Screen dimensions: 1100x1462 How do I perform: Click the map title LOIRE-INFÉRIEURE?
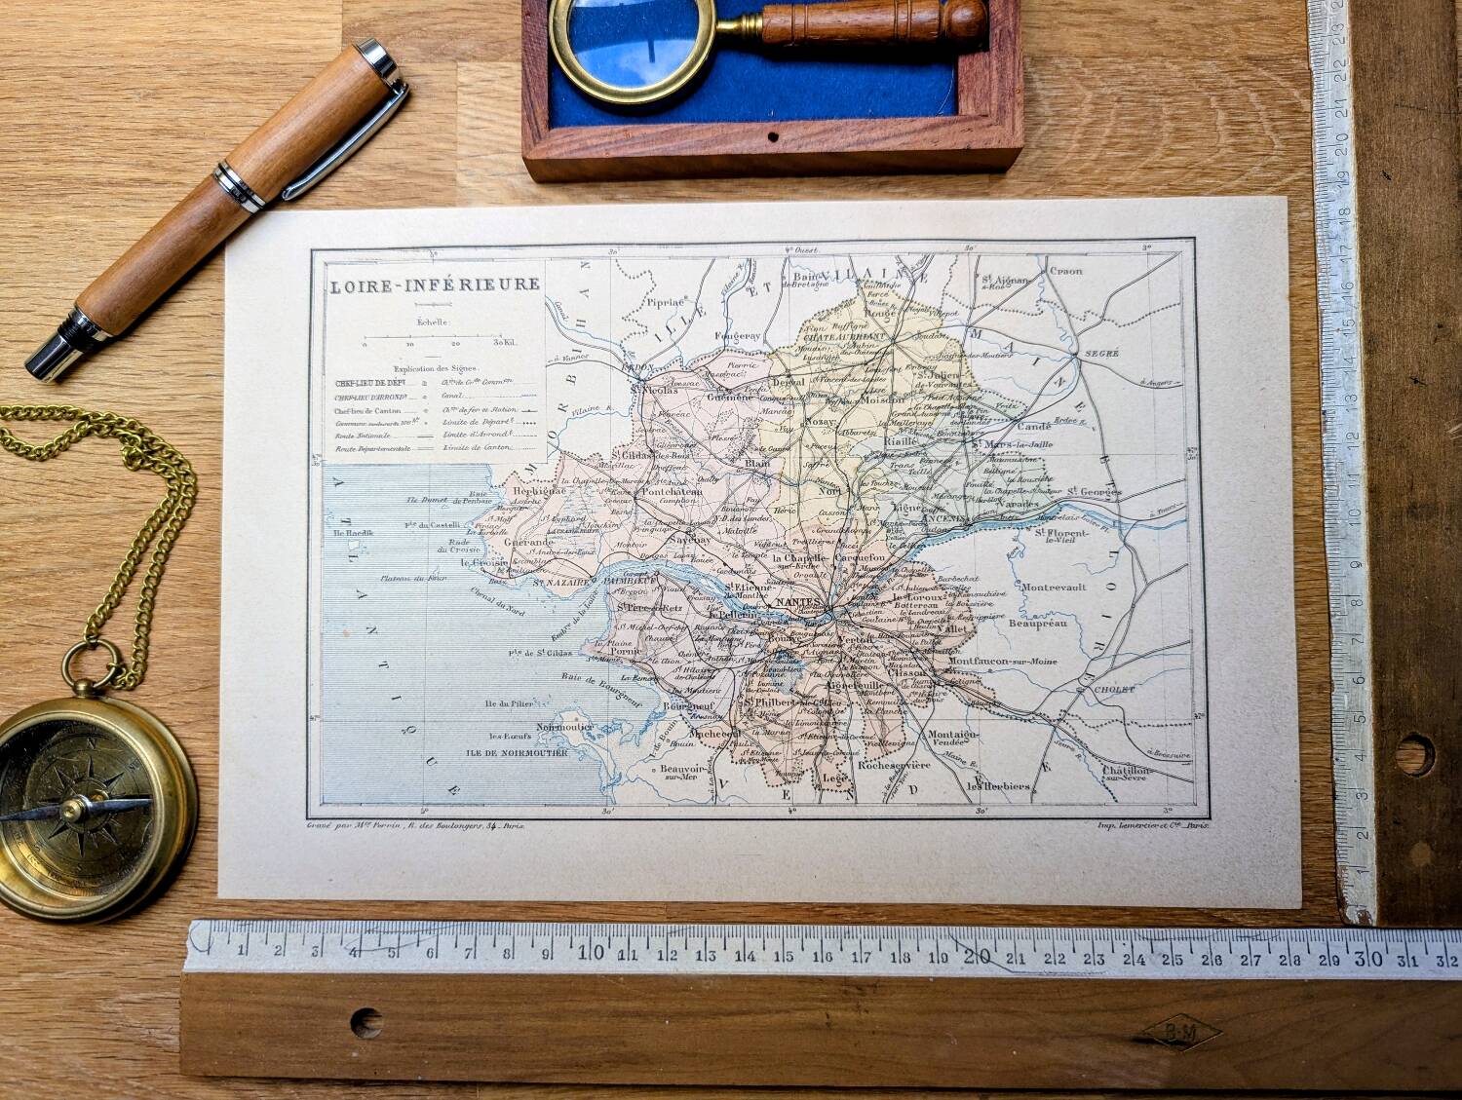point(434,285)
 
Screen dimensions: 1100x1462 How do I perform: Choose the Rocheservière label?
point(895,765)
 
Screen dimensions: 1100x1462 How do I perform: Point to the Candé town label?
point(1033,427)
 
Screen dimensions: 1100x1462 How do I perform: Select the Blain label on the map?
point(757,464)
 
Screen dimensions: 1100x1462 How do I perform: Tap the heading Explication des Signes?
point(433,368)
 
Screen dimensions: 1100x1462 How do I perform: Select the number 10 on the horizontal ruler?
point(589,952)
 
